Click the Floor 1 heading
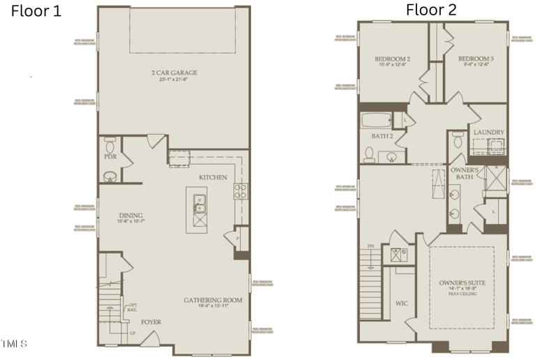36,11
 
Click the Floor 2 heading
432,10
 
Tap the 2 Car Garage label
174,73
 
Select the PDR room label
110,157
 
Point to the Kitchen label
213,177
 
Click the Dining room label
131,216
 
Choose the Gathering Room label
213,300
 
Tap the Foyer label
151,322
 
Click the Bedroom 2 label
392,59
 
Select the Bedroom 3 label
476,59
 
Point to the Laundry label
488,132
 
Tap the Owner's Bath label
464,174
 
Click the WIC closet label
402,303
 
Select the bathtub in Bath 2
377,120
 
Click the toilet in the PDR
110,145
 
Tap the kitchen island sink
199,202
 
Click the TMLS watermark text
15,343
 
